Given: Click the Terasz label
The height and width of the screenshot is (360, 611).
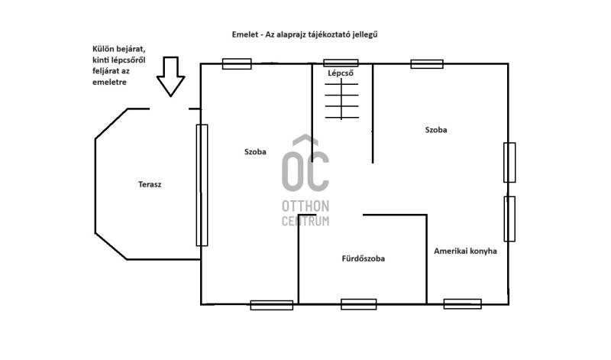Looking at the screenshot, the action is coord(150,184).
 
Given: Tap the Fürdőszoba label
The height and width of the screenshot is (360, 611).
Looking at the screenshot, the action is coord(364,258).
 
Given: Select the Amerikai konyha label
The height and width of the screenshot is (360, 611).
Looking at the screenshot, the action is coord(465,251).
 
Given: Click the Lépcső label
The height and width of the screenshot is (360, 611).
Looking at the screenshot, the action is coord(341,73).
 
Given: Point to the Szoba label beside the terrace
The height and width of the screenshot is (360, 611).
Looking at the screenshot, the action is coord(255,152).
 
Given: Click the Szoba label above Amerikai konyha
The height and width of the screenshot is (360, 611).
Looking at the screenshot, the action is coord(436,130).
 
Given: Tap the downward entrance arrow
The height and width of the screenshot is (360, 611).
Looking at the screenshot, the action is coord(170,77).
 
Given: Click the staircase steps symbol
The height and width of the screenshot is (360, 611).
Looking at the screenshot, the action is coord(341,99).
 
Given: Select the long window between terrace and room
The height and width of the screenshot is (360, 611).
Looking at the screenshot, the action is coord(202,185).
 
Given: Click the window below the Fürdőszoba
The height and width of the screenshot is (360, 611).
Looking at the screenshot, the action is coord(358,304).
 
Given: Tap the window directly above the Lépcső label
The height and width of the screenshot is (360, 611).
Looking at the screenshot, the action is coord(341,63).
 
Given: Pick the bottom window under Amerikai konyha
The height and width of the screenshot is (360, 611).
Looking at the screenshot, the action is coord(463,304).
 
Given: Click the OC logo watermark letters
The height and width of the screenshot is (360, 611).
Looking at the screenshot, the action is coord(305,164).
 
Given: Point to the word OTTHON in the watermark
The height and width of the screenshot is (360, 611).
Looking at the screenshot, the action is coord(305,206).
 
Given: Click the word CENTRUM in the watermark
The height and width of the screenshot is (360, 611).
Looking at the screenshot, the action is coord(305,221).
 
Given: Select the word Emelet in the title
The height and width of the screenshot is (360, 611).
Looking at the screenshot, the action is coord(245,34).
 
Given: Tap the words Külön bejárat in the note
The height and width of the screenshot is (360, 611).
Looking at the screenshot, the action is coord(119,49).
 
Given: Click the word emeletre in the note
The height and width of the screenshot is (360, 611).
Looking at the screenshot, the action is coord(109,83).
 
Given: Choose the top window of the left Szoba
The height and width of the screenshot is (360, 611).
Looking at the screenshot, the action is coord(237,64).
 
